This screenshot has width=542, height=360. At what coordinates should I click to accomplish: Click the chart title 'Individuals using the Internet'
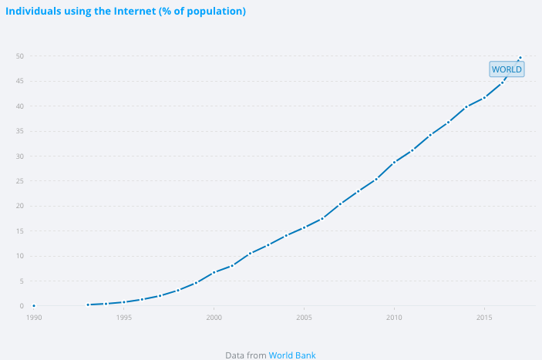126,12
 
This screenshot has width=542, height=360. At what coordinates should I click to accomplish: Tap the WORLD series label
507,69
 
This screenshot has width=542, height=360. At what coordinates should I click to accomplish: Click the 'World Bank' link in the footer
292,355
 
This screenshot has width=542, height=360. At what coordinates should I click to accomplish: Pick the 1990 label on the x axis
34,317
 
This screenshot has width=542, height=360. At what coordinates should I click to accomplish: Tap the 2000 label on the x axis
214,317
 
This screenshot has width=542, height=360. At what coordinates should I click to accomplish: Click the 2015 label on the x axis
484,317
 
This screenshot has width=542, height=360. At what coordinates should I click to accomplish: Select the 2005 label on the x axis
305,317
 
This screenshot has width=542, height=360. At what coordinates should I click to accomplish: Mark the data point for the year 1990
34,306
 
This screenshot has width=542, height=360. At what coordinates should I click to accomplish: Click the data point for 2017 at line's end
520,58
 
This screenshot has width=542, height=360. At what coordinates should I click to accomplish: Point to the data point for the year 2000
214,272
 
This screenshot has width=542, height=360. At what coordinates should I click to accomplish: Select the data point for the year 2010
395,162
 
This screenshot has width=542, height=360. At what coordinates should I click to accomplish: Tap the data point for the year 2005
305,227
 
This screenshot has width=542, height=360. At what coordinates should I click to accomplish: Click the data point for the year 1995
124,302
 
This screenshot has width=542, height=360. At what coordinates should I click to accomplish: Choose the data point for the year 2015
484,97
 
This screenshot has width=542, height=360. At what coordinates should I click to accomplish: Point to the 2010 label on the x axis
395,317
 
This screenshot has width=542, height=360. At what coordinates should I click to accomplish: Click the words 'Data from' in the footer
246,355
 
